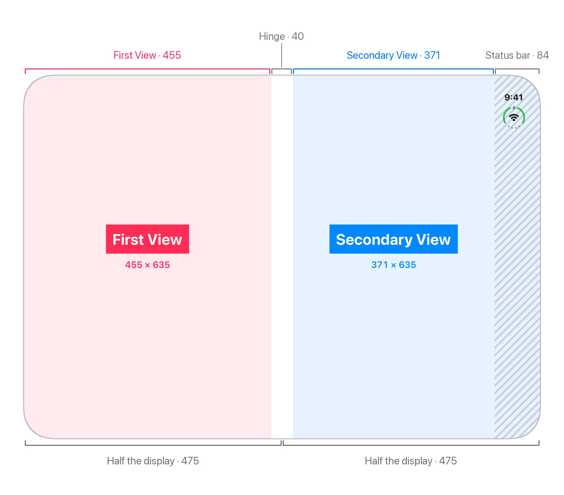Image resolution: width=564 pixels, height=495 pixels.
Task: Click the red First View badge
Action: tap(148, 239)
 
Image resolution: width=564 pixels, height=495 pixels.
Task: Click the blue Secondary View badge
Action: tap(393, 239)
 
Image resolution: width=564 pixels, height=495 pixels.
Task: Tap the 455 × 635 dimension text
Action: tap(148, 265)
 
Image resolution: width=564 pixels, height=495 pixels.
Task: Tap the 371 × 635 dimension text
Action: tap(393, 265)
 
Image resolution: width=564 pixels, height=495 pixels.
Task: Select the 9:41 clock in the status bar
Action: tap(513, 97)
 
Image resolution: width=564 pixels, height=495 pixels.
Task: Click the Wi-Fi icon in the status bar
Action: tap(514, 118)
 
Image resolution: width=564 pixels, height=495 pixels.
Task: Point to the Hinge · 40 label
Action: tap(281, 36)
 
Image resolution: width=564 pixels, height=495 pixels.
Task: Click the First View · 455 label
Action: tap(147, 55)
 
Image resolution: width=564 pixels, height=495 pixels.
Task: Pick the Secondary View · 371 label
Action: tap(393, 55)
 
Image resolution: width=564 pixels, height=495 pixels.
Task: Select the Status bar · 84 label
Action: tap(517, 55)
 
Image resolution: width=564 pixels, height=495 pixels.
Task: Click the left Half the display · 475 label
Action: tap(153, 461)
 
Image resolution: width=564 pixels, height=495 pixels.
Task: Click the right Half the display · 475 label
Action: tap(411, 461)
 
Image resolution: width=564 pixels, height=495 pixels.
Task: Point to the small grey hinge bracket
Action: tap(282, 69)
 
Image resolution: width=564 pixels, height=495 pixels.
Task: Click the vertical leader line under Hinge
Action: tap(282, 55)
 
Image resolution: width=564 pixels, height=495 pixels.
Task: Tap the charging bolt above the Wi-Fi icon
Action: tap(514, 108)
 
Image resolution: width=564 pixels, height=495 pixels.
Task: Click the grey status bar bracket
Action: tap(517, 69)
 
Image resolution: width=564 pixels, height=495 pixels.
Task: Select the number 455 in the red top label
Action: tap(172, 55)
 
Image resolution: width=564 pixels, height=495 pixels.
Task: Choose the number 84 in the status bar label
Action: tap(543, 55)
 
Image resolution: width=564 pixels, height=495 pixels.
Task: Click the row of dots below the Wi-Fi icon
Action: tap(514, 127)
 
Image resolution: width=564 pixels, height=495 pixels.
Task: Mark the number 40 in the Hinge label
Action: tap(298, 36)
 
